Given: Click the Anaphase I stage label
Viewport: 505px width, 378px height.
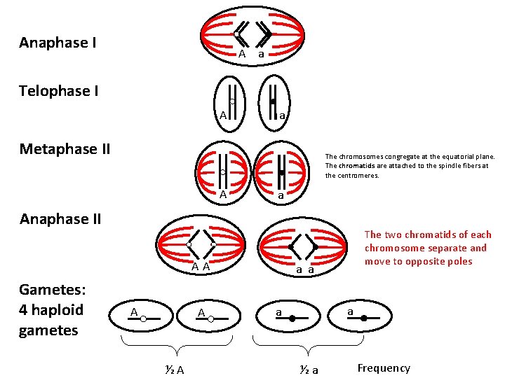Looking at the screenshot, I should [x=58, y=43].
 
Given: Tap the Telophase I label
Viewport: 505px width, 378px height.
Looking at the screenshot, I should [x=59, y=91].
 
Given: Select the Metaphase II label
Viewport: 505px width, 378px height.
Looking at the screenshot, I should [x=65, y=148].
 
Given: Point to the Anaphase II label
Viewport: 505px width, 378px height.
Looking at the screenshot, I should [x=60, y=219].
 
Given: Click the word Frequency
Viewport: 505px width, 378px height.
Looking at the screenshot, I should [x=384, y=368].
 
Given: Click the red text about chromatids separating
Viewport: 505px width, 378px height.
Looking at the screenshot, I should [x=428, y=248].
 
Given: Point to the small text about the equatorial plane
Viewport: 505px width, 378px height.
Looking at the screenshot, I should [x=410, y=166].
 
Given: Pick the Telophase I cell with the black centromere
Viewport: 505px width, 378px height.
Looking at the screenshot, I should [x=274, y=103].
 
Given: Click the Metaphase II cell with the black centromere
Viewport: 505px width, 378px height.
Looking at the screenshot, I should [x=281, y=171].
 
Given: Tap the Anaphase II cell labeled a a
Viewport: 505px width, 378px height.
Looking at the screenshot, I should [x=303, y=246].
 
